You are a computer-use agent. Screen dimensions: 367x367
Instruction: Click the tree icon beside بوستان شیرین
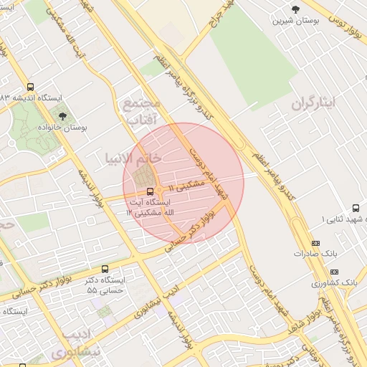[x=295, y=9]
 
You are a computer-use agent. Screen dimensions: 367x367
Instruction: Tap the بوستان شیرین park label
[x=295, y=21]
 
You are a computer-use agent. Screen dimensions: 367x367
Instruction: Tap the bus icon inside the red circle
[x=150, y=191]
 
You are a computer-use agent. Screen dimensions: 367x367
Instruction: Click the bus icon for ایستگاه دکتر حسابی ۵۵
[x=105, y=269]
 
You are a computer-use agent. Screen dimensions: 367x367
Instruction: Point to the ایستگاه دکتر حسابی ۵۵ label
[x=106, y=285]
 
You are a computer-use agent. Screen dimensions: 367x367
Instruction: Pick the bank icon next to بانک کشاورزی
[x=334, y=272]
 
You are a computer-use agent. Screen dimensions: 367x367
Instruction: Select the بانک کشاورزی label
[x=334, y=284]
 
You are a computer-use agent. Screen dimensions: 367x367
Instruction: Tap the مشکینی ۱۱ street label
[x=187, y=186]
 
